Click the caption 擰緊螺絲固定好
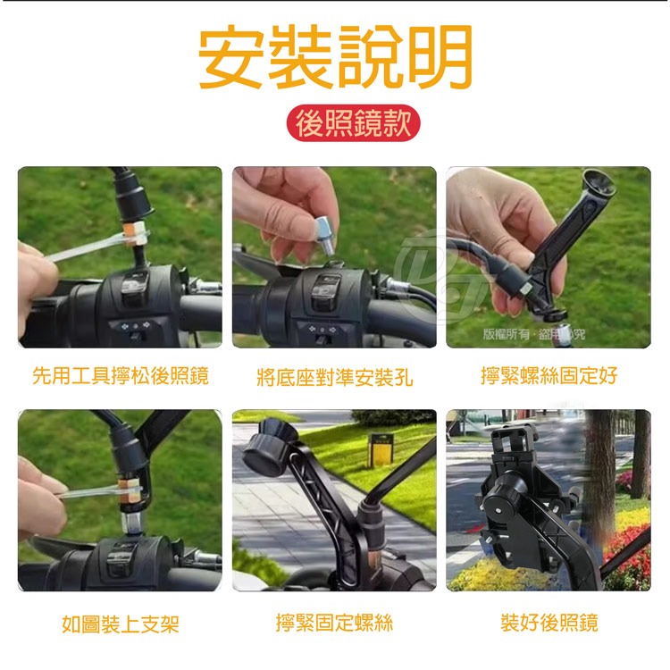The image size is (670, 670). (x=549, y=375)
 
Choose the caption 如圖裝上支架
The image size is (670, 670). (x=121, y=624)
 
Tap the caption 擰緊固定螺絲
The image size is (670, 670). (x=334, y=622)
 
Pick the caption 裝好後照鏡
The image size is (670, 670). (x=549, y=622)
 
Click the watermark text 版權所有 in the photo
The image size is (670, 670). (x=505, y=335)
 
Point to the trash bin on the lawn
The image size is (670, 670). (x=381, y=450)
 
